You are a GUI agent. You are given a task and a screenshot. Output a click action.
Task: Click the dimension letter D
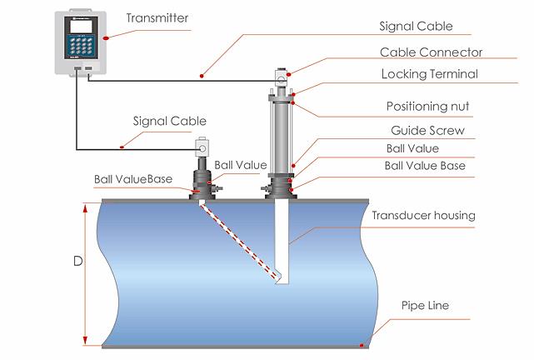pos(77,261)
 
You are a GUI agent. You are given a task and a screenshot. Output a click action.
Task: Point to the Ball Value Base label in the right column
pos(424,165)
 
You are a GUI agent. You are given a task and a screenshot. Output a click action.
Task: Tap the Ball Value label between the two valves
pos(240,165)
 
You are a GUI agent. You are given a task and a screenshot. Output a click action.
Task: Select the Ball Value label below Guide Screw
pos(412,148)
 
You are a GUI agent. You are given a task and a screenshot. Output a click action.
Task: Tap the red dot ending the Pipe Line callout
pos(362,344)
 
